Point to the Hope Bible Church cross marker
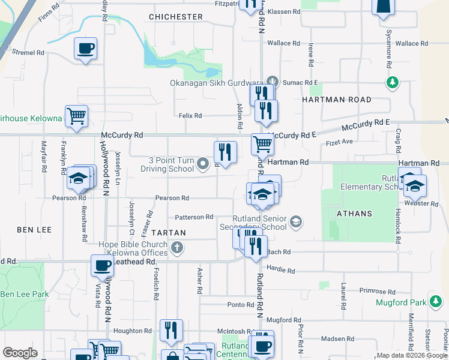coord(177,247)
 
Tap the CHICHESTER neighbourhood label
coord(175,17)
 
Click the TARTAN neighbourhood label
coord(168,232)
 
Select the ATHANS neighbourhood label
coord(354,214)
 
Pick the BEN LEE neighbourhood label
coord(34,230)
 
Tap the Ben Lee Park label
coord(25,294)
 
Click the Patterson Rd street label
coord(194,217)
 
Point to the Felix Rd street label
coord(190,115)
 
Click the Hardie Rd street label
coord(282,271)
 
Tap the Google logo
coord(20,353)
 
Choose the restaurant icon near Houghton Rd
coord(171,331)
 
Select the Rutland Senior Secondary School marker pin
coord(295,223)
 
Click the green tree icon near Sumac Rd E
coord(393,82)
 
